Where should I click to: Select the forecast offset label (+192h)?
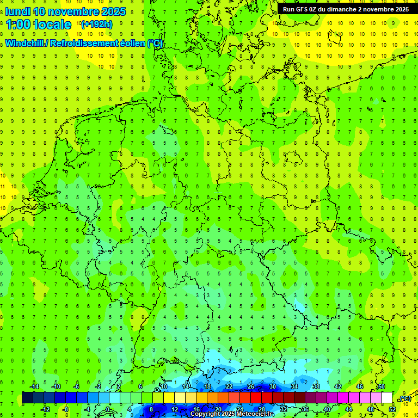(x=96, y=24)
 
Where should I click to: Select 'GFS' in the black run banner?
(x=303, y=9)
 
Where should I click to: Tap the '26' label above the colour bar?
(x=251, y=386)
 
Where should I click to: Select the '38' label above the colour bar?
(x=316, y=386)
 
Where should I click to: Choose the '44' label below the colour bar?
(x=348, y=409)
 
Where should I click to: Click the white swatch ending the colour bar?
(x=386, y=397)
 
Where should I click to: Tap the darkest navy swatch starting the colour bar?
(x=27, y=397)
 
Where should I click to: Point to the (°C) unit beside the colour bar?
(x=404, y=399)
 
